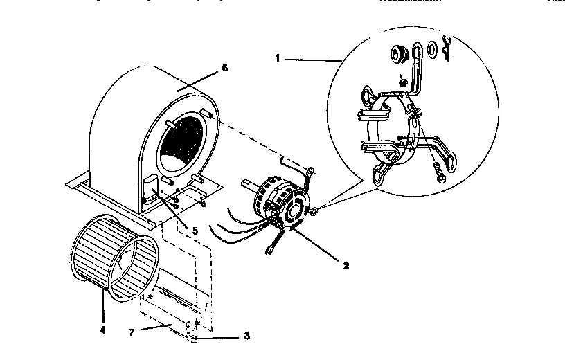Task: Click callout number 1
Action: pyautogui.click(x=277, y=60)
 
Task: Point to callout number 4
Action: pyautogui.click(x=102, y=330)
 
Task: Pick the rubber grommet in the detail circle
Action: pyautogui.click(x=398, y=54)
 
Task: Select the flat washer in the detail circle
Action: pyautogui.click(x=432, y=49)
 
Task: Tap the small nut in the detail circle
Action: pyautogui.click(x=403, y=83)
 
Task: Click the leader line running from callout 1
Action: pyautogui.click(x=312, y=60)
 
